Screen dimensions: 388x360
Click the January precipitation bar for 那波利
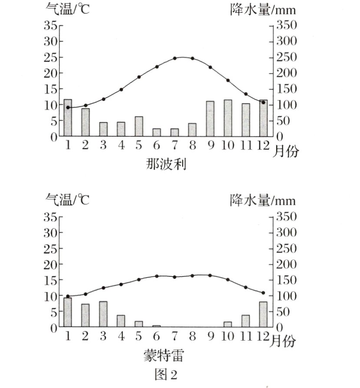coord(68,118)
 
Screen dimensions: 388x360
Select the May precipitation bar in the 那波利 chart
coord(139,126)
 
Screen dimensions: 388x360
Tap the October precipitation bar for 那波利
coord(228,118)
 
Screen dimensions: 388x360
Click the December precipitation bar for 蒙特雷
coord(263,314)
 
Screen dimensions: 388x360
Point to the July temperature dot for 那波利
coord(175,58)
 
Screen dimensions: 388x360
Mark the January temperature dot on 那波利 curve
coord(68,107)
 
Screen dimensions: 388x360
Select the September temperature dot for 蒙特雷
coord(210,276)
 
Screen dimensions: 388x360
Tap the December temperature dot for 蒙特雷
coord(263,293)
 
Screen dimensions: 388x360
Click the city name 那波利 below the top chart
coord(165,164)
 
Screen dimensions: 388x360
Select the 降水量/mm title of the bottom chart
coord(262,200)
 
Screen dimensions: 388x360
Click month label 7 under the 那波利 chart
coord(175,145)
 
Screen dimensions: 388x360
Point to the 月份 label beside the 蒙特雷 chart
coord(282,342)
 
